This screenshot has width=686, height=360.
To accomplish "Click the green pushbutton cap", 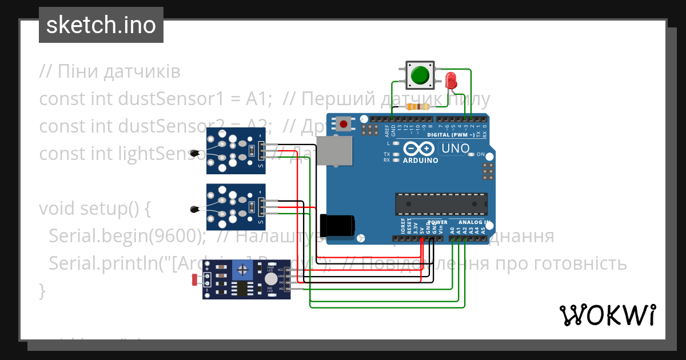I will pos(421,75).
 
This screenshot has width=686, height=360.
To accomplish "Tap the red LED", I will pos(451,79).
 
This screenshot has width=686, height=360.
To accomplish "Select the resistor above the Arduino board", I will pos(417,107).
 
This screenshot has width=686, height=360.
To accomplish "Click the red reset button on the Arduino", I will pos(344,123).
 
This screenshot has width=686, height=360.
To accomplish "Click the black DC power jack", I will pos(337,225).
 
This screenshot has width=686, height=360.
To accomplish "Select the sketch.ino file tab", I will pos(101,25).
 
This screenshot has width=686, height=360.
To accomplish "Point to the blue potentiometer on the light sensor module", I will pos(242,270).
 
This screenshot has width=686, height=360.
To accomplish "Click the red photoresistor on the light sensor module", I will pos(195,279).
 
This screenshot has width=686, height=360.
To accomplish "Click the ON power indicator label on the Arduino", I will pos(481,155).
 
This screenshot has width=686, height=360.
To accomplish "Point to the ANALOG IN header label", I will pos(470,222).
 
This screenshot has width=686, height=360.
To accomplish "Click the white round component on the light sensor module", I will pos(270,278).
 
